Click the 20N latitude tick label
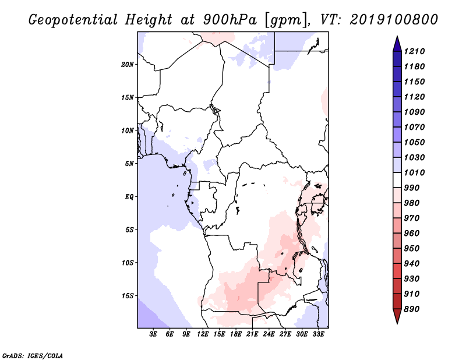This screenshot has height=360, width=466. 128,65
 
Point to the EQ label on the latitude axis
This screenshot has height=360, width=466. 129,197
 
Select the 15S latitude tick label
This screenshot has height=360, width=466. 128,296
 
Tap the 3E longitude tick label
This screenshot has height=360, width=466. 153,334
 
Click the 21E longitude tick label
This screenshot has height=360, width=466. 252,334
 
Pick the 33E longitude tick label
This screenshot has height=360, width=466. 318,334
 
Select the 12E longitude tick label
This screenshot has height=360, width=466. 203,334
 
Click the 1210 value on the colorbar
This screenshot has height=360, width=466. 414,51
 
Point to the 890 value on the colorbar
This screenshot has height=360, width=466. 412,309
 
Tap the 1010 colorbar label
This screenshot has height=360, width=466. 414,172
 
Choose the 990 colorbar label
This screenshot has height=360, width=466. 412,188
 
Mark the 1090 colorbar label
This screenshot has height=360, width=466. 414,112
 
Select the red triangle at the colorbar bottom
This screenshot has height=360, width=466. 397,315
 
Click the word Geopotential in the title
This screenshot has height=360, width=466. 73,20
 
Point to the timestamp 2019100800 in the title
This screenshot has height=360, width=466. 394,20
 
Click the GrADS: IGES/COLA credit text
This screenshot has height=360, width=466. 33,356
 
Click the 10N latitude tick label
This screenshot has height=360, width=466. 128,130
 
